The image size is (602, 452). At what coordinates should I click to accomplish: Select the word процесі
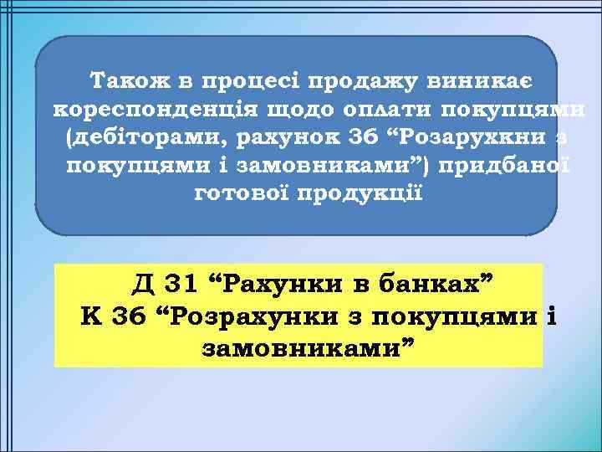[x=244, y=82]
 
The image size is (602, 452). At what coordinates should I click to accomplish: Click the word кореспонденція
[x=156, y=110]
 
